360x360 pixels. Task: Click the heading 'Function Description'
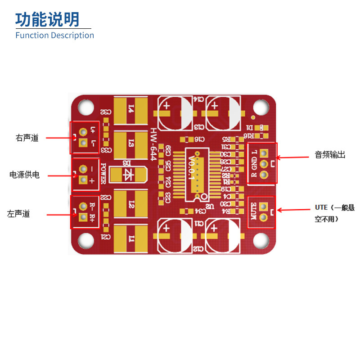click(x=54, y=35)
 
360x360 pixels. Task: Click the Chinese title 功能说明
click(x=47, y=19)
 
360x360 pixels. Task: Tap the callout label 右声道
click(x=27, y=138)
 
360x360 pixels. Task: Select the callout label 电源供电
click(x=25, y=175)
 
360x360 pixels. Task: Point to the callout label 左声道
click(x=18, y=214)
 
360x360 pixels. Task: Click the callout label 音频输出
click(x=330, y=155)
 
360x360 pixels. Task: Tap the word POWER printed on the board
click(x=103, y=173)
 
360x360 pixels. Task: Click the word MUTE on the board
click(x=253, y=211)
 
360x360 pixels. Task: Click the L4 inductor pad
click(x=130, y=110)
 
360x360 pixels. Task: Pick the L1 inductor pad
click(x=130, y=238)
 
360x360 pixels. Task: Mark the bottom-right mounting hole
click(x=261, y=241)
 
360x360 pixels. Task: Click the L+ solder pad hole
click(x=83, y=131)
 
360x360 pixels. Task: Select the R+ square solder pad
click(x=83, y=218)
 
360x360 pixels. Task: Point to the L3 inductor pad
click(x=130, y=144)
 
